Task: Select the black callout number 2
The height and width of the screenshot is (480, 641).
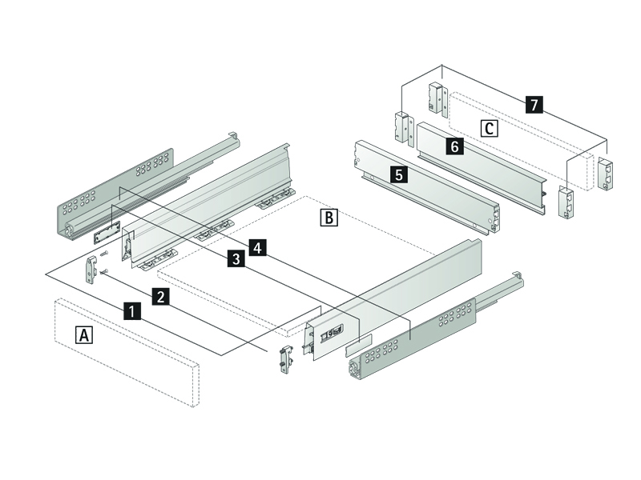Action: (161, 297)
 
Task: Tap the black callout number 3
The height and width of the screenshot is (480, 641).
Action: (236, 258)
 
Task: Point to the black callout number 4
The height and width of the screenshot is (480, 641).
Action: (256, 247)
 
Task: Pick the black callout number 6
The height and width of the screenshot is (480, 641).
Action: (454, 146)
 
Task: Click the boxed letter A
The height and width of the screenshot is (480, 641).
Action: (83, 334)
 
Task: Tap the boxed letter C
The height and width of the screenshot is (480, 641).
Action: (489, 127)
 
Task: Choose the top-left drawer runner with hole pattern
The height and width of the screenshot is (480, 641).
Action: (120, 188)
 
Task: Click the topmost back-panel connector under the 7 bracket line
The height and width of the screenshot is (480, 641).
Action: (436, 96)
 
